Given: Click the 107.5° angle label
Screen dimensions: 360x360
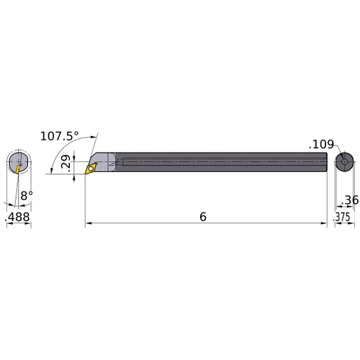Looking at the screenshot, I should click(x=78, y=135).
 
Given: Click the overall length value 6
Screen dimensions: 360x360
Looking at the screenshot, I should click(x=204, y=196).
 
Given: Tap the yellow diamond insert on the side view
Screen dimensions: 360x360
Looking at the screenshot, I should click(x=91, y=168).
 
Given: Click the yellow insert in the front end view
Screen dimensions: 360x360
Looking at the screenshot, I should click(x=15, y=167).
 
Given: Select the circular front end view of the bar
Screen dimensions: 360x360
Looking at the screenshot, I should click(x=19, y=163).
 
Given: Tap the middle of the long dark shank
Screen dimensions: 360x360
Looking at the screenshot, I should click(x=216, y=163).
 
